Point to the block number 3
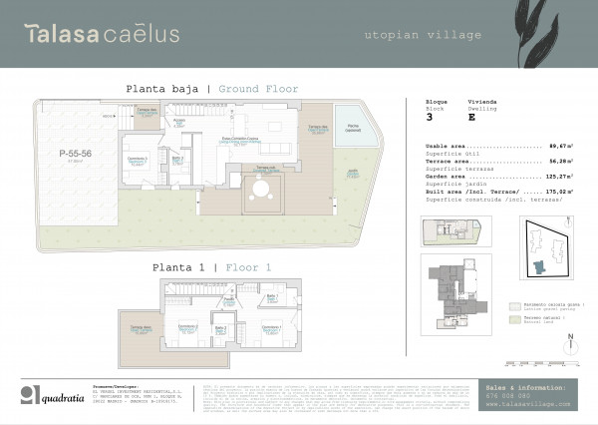(429, 117)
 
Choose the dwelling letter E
(470, 117)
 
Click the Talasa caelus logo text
(103, 34)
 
